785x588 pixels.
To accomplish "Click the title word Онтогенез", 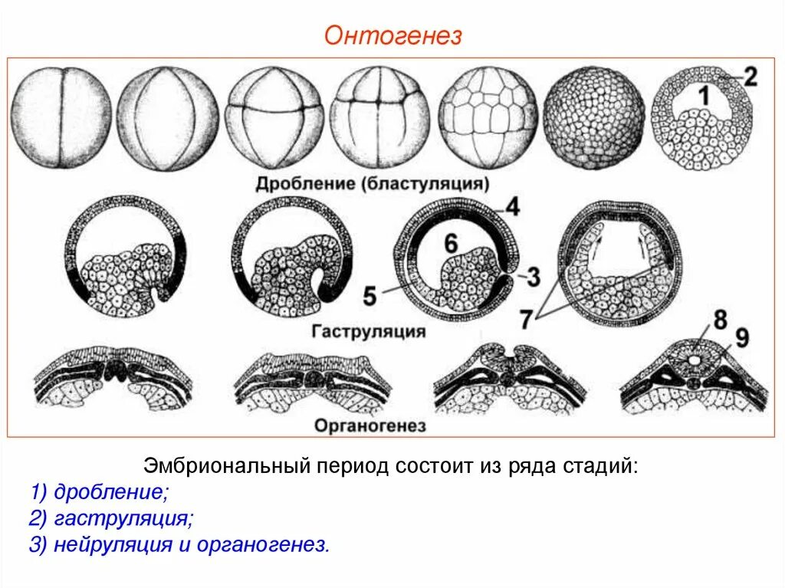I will click(x=392, y=35).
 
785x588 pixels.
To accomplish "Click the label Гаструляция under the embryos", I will click(x=370, y=331).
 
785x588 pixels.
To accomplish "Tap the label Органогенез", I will click(x=370, y=425).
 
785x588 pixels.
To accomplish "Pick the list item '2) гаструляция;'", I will click(x=112, y=518).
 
